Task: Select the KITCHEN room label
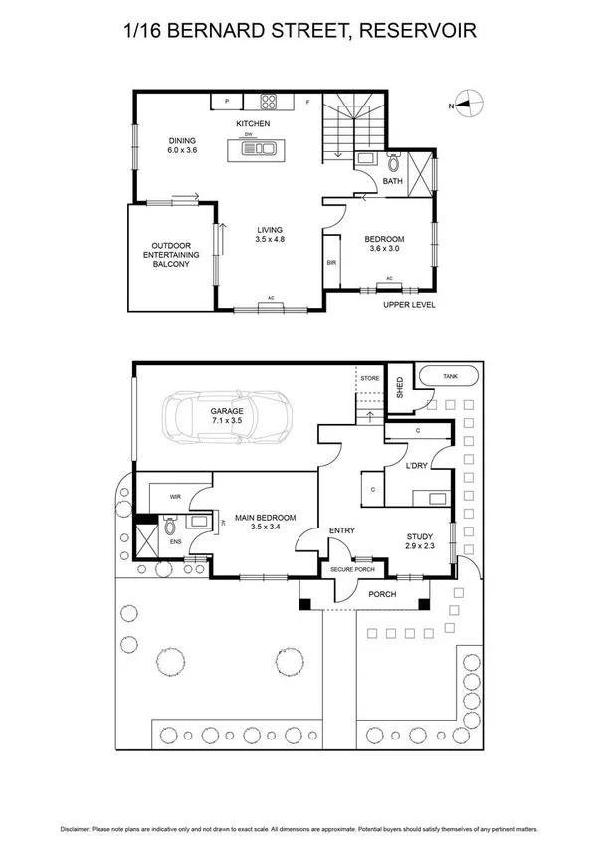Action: (x=253, y=123)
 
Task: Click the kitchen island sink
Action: (x=260, y=150)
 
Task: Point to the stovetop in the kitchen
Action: (x=269, y=101)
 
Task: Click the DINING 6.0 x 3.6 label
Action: (x=182, y=145)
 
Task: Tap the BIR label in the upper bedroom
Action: (x=331, y=263)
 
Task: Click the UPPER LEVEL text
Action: (x=409, y=304)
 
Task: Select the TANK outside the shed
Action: (x=450, y=377)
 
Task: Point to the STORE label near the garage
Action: (x=370, y=378)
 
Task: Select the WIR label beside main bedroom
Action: (x=174, y=495)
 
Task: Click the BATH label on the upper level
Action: (x=392, y=181)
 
